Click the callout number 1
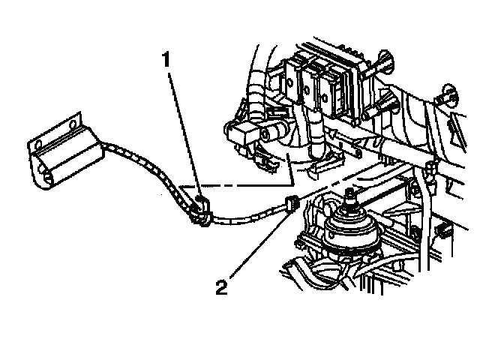click(x=172, y=57)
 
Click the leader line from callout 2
click(x=255, y=244)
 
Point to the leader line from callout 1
click(x=184, y=127)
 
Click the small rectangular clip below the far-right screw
click(x=442, y=228)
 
